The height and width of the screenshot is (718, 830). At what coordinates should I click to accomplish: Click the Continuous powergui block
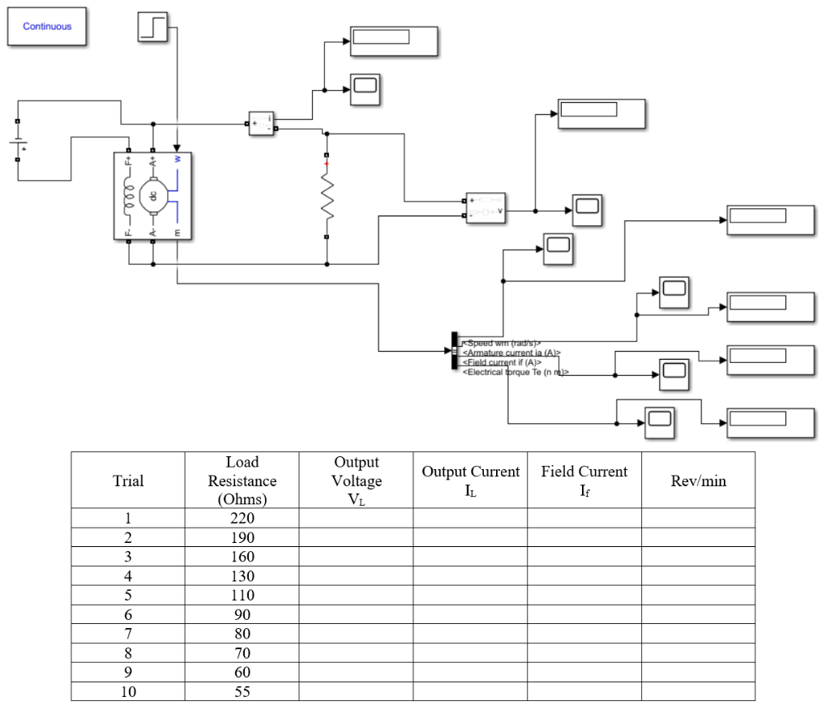tap(47, 27)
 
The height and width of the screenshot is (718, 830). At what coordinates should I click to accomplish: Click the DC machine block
tap(153, 196)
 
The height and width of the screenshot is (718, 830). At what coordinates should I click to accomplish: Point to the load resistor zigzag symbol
tap(327, 197)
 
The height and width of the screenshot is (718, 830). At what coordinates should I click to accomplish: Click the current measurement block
tap(262, 123)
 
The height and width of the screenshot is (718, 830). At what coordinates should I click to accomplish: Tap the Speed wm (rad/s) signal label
tap(501, 343)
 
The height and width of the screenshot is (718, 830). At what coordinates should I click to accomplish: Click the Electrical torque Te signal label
tap(516, 372)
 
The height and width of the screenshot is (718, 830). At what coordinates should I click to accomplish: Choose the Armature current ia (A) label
tap(511, 353)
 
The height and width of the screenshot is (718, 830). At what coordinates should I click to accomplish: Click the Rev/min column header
tap(698, 481)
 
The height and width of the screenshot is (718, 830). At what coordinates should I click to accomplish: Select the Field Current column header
tap(584, 481)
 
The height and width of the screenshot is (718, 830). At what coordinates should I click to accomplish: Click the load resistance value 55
tap(242, 691)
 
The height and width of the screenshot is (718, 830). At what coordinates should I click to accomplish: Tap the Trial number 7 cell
tap(128, 634)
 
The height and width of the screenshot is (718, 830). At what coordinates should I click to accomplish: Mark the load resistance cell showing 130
tap(242, 576)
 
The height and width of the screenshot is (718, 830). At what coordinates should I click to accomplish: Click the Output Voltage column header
tap(356, 481)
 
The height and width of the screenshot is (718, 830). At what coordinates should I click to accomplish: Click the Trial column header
tap(128, 481)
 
